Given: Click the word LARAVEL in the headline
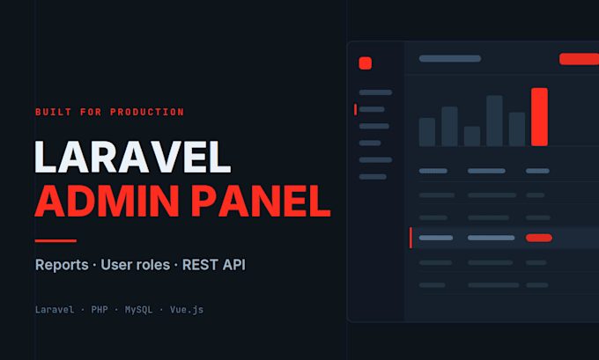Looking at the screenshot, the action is [x=132, y=157].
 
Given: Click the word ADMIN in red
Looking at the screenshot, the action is [x=107, y=201].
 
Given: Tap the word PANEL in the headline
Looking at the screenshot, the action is [x=261, y=201].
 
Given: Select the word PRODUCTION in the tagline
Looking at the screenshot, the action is [x=147, y=113].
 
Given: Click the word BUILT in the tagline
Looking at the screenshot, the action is [x=53, y=113].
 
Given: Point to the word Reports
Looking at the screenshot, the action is [x=62, y=265].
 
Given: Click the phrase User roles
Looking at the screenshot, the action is [x=136, y=265].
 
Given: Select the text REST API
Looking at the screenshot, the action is [x=213, y=265].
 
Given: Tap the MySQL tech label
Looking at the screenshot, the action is [x=138, y=310].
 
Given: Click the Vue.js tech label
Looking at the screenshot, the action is [x=187, y=310].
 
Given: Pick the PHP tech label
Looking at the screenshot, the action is [x=100, y=310].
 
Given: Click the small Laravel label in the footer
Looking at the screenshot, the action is [x=55, y=310].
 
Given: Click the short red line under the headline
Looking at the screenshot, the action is [x=55, y=241].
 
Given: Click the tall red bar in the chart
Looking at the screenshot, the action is [x=539, y=117].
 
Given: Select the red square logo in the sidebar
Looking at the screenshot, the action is [x=366, y=63].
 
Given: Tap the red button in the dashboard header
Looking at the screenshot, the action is [x=579, y=59].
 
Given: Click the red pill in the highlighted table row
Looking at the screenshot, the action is [x=539, y=238].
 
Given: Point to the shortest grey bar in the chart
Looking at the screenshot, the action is [x=472, y=136].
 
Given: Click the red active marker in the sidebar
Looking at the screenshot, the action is [x=355, y=109].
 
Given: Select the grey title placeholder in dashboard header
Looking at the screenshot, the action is [x=450, y=58].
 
